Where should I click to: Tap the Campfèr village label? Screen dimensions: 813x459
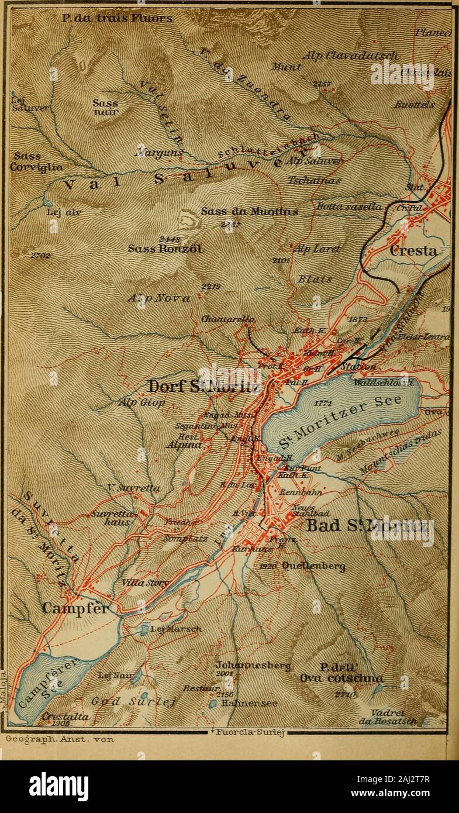(x=76, y=608)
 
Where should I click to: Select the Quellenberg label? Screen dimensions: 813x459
(x=313, y=566)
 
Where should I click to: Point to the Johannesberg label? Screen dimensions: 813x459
(x=249, y=666)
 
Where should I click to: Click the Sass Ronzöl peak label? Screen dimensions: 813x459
(x=165, y=248)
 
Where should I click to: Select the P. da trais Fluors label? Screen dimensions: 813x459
(x=118, y=19)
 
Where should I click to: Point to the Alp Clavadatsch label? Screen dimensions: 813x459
(x=351, y=56)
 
